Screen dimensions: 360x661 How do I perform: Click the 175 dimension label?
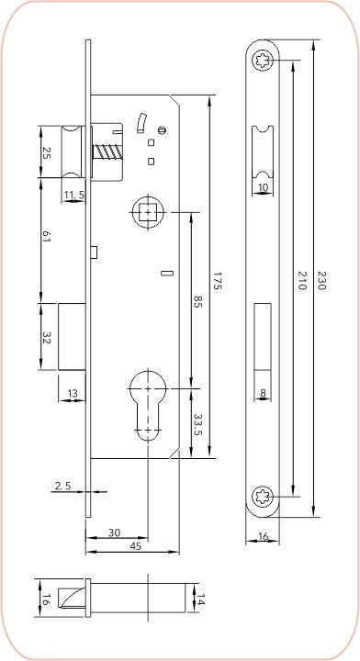(217, 280)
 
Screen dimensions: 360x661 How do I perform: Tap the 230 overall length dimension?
(321, 280)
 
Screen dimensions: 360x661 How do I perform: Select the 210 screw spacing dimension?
(301, 280)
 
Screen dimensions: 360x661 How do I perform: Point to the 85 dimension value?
(197, 302)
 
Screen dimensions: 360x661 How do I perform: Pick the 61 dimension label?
(46, 238)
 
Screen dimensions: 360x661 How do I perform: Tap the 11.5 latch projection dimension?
(73, 195)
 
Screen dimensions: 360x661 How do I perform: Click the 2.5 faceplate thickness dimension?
(62, 486)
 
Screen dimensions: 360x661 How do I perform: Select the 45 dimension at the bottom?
(135, 546)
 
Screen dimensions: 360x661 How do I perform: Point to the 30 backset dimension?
(114, 532)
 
